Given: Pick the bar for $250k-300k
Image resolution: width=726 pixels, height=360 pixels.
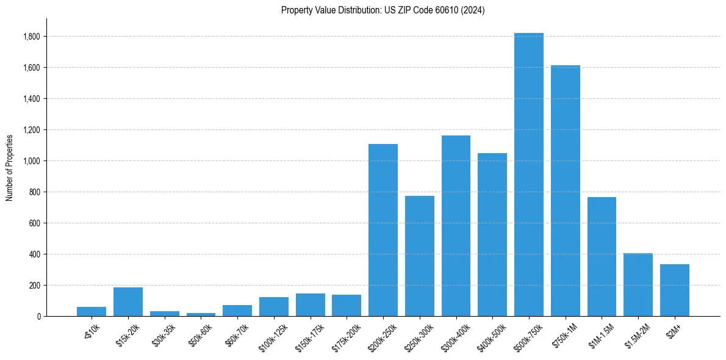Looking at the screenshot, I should point(420,256).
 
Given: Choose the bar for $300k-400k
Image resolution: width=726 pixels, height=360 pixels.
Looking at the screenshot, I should point(456,226).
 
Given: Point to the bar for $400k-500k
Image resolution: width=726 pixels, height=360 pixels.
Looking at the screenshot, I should point(492,234).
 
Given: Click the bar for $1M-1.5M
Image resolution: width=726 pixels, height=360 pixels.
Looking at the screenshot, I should point(602,256).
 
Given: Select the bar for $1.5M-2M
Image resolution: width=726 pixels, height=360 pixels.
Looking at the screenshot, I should point(638,284).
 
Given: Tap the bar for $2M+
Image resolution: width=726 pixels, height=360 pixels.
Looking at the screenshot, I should point(675,290).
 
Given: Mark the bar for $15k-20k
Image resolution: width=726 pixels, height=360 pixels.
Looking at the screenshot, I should point(128,301).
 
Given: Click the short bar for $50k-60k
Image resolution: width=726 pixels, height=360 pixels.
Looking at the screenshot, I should point(201,314).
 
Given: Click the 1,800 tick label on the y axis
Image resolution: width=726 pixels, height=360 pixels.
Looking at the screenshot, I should point(32,37).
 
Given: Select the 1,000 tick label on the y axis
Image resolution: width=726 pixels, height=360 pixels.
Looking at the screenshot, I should point(32,161).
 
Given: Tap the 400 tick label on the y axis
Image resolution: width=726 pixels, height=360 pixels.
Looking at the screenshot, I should point(34,254).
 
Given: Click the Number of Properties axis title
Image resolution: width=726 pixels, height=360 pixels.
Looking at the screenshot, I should point(9,167).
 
